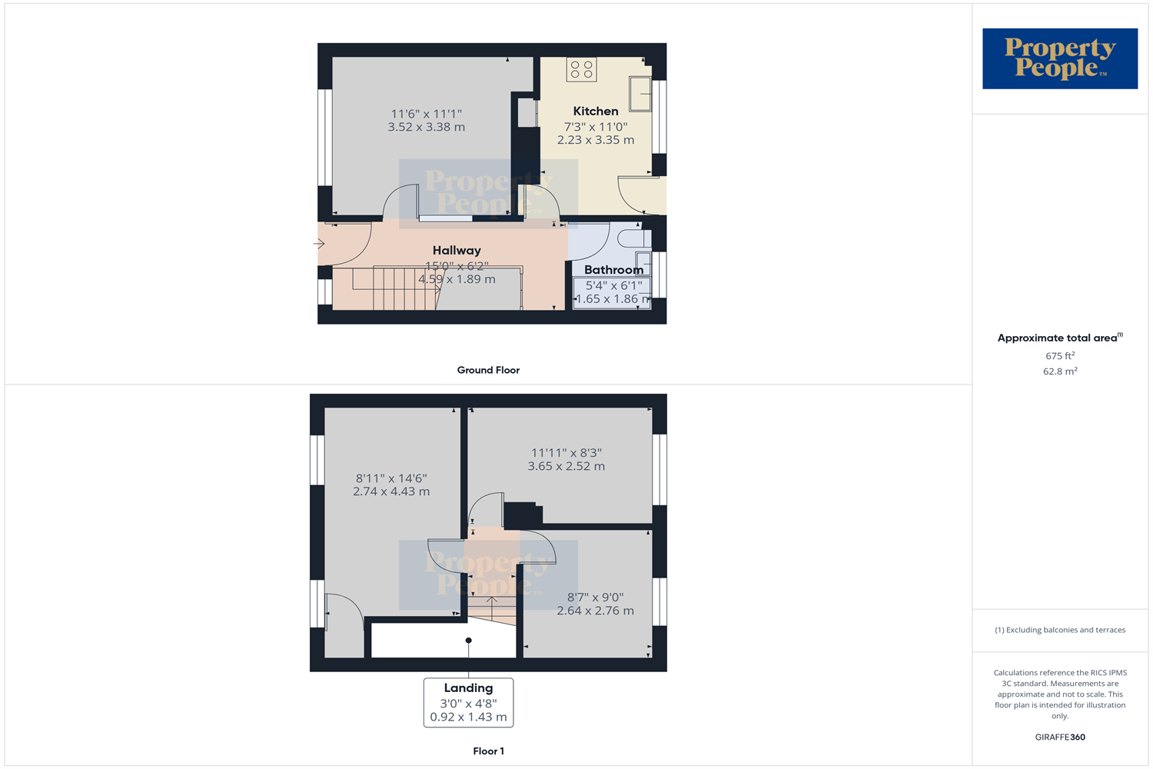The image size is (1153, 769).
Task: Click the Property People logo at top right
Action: point(1059,58)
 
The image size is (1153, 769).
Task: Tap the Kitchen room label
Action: point(596,112)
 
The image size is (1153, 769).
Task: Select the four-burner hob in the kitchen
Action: point(582,70)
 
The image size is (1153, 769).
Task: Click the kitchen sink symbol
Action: point(640,94)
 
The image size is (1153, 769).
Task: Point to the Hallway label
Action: point(457,251)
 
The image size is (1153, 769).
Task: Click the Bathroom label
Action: point(613,270)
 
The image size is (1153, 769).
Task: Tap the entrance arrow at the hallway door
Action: point(319,244)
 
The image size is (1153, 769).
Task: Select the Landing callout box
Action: point(468,702)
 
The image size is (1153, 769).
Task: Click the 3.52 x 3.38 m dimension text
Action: point(426,128)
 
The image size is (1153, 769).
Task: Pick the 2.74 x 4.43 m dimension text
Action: point(391,492)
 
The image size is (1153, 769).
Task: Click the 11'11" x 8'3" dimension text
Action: point(566,453)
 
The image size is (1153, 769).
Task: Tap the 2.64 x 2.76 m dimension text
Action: point(595,611)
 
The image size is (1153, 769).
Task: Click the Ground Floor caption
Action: point(488,370)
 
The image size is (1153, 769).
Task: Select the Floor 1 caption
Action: point(488,751)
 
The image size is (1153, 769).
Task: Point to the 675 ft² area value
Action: point(1059,356)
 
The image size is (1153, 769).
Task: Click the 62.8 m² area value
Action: point(1059,371)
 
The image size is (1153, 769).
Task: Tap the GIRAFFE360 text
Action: point(1059,737)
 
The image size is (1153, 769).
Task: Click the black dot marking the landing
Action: point(468,641)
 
